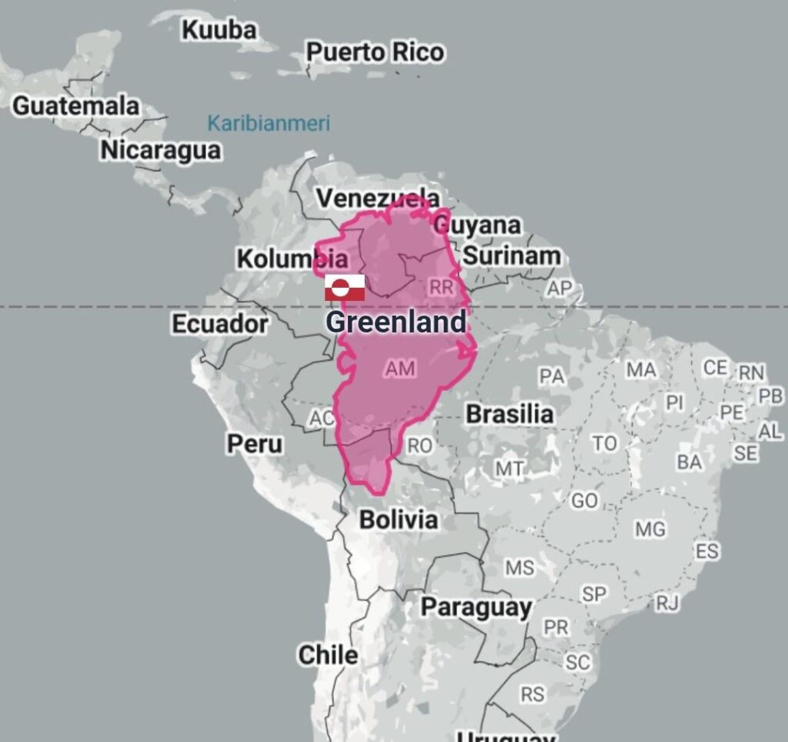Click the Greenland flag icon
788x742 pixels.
point(344,287)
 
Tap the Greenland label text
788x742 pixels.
point(396,322)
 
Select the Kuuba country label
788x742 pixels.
point(219,30)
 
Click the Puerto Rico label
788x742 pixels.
point(375,52)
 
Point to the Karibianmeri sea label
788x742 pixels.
point(269,123)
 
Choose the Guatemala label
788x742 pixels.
point(75,105)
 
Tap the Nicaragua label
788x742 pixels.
point(160,150)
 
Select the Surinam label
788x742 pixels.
point(511,256)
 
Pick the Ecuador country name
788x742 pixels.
point(219,324)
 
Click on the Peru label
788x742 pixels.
point(254,444)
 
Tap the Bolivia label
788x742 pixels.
point(399,520)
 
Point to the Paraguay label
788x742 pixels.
point(476,607)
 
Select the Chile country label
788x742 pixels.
point(328,655)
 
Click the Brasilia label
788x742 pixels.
point(509,414)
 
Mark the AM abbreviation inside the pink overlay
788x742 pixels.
point(400,369)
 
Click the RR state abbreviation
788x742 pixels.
point(442,288)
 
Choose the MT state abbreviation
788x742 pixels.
point(509,468)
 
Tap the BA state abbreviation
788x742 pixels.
point(689,462)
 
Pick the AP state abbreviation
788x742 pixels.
point(559,289)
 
